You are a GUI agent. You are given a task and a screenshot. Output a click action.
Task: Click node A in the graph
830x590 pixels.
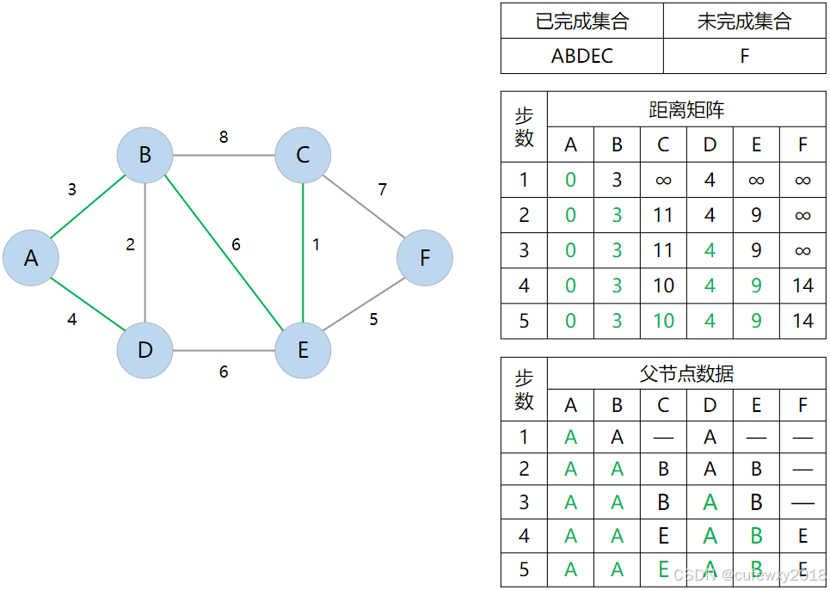click(31, 257)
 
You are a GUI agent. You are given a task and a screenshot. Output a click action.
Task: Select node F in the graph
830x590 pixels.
click(425, 257)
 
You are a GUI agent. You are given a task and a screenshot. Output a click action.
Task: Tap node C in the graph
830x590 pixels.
click(303, 155)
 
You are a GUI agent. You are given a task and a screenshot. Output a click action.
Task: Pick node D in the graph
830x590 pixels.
click(144, 350)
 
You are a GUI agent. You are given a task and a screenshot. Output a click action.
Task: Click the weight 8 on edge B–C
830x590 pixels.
click(224, 137)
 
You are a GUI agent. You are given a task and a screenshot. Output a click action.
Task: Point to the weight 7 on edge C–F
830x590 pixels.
click(383, 189)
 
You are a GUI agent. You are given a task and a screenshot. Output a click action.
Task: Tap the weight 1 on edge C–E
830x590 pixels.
click(316, 244)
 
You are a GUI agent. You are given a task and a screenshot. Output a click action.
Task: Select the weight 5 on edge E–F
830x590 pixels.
click(373, 319)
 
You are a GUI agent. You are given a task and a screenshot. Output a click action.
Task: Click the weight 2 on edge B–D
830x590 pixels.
click(131, 244)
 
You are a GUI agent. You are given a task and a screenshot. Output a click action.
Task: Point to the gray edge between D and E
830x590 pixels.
click(224, 351)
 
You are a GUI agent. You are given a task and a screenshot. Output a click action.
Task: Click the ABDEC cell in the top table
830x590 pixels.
click(582, 56)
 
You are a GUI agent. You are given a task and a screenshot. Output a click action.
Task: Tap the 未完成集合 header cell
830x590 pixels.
click(744, 22)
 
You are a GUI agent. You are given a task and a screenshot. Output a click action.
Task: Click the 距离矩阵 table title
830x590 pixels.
click(686, 110)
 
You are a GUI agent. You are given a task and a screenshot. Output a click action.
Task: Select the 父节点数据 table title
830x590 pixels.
click(686, 374)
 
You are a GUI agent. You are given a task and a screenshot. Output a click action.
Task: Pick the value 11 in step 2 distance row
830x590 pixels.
click(663, 214)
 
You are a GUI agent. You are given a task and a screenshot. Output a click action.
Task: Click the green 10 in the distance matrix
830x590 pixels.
click(663, 322)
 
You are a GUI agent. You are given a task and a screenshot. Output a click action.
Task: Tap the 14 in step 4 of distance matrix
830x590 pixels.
click(802, 286)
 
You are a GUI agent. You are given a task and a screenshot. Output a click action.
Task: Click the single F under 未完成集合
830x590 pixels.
click(744, 56)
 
